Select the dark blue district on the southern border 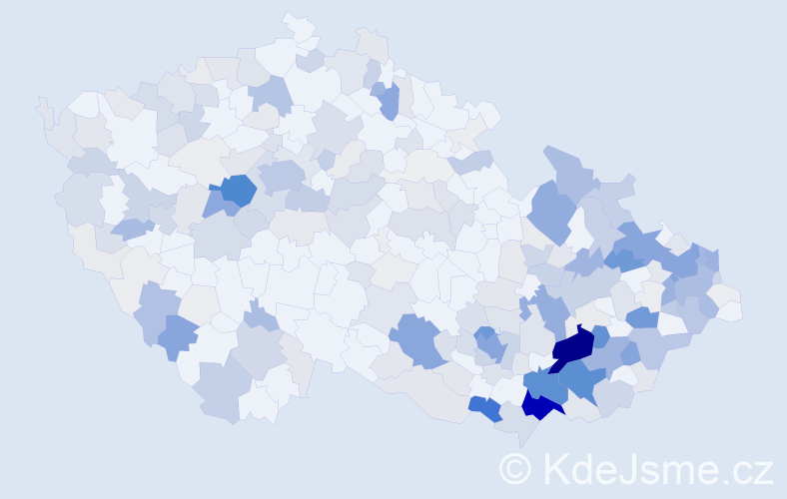(x=540, y=403)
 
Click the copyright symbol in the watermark (x=515, y=468)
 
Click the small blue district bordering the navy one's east (x=600, y=335)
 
